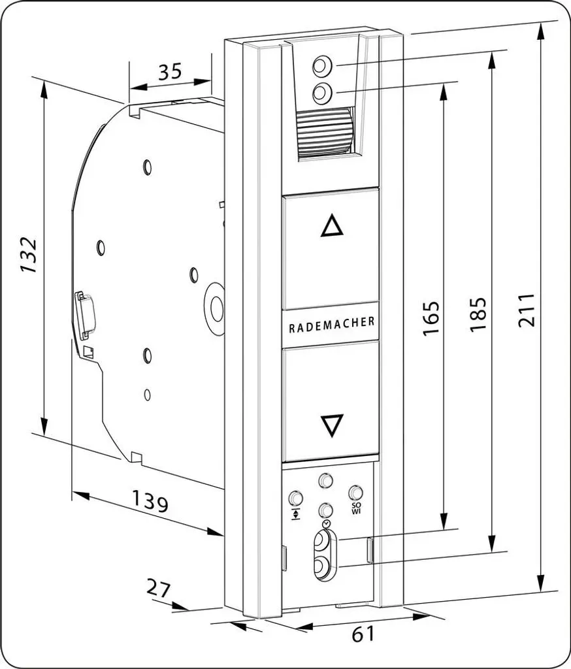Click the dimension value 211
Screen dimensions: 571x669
point(526,310)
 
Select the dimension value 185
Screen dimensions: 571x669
point(478,314)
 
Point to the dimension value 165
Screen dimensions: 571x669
point(431,318)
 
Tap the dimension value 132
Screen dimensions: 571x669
point(29,255)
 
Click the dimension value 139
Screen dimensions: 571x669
point(150,501)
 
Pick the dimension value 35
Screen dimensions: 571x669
point(170,72)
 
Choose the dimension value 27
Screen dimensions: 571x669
point(158,589)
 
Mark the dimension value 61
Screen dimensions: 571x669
point(363,634)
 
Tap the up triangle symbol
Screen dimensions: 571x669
point(332,227)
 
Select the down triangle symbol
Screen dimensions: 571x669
point(332,425)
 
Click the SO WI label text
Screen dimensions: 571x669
point(356,508)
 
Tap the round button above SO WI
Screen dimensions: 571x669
point(355,493)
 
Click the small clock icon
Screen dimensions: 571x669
point(326,523)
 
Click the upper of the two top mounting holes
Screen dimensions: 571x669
point(322,66)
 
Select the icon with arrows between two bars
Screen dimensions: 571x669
point(295,514)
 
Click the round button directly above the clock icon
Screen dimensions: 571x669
point(325,510)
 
